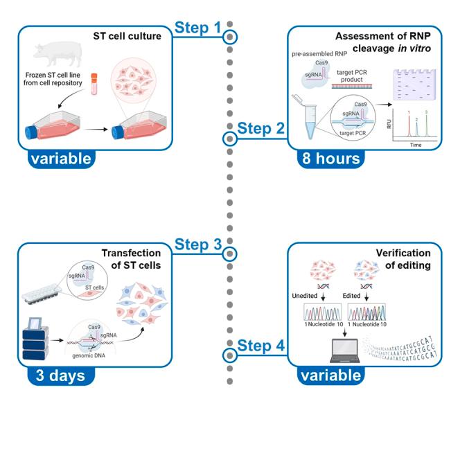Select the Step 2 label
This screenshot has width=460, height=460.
point(261,128)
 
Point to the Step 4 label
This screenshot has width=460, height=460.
point(261,345)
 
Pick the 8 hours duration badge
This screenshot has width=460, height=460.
point(330,159)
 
